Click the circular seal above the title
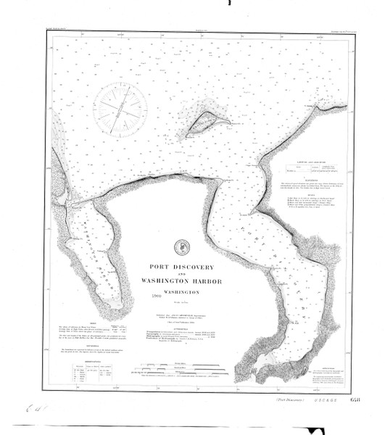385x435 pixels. tap(178, 247)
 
